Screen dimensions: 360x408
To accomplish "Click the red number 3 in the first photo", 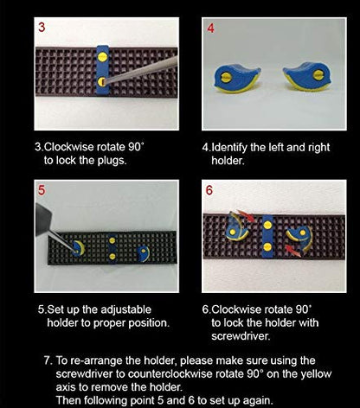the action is [x=42, y=27].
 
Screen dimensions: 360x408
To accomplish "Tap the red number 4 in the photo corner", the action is [x=211, y=29].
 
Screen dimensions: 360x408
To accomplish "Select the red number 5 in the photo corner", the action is [x=42, y=190].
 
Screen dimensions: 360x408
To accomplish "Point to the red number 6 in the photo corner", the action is [x=209, y=190].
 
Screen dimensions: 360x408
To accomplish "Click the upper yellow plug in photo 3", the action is [x=102, y=57].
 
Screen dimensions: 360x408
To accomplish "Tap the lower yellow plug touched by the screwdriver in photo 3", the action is [x=101, y=82].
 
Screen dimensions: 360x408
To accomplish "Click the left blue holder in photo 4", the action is [x=237, y=79].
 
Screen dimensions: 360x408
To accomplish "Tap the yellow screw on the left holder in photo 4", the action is [x=226, y=78].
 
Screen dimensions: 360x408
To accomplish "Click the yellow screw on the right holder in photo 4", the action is [x=318, y=75].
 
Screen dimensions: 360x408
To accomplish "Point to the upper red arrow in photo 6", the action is [x=246, y=215].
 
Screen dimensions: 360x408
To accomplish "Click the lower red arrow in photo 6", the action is [x=292, y=251].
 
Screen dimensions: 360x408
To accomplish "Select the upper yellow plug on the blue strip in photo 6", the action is [x=268, y=225].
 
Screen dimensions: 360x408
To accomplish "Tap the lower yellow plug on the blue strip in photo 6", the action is [x=267, y=246].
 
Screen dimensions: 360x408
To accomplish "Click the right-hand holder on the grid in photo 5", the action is [x=144, y=253].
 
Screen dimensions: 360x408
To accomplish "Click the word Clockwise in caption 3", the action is [x=69, y=147].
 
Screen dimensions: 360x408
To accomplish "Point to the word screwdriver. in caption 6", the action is [x=241, y=336].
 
